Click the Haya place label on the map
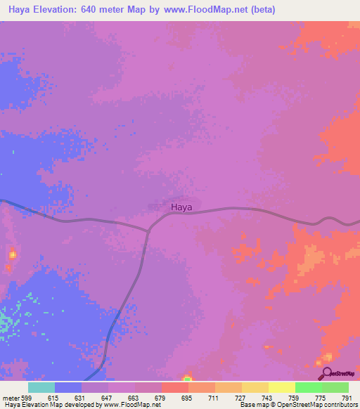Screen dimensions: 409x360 [x=181, y=207]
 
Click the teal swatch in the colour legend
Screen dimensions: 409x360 [x=41, y=387]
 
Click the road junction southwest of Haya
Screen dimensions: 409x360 [x=148, y=229]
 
